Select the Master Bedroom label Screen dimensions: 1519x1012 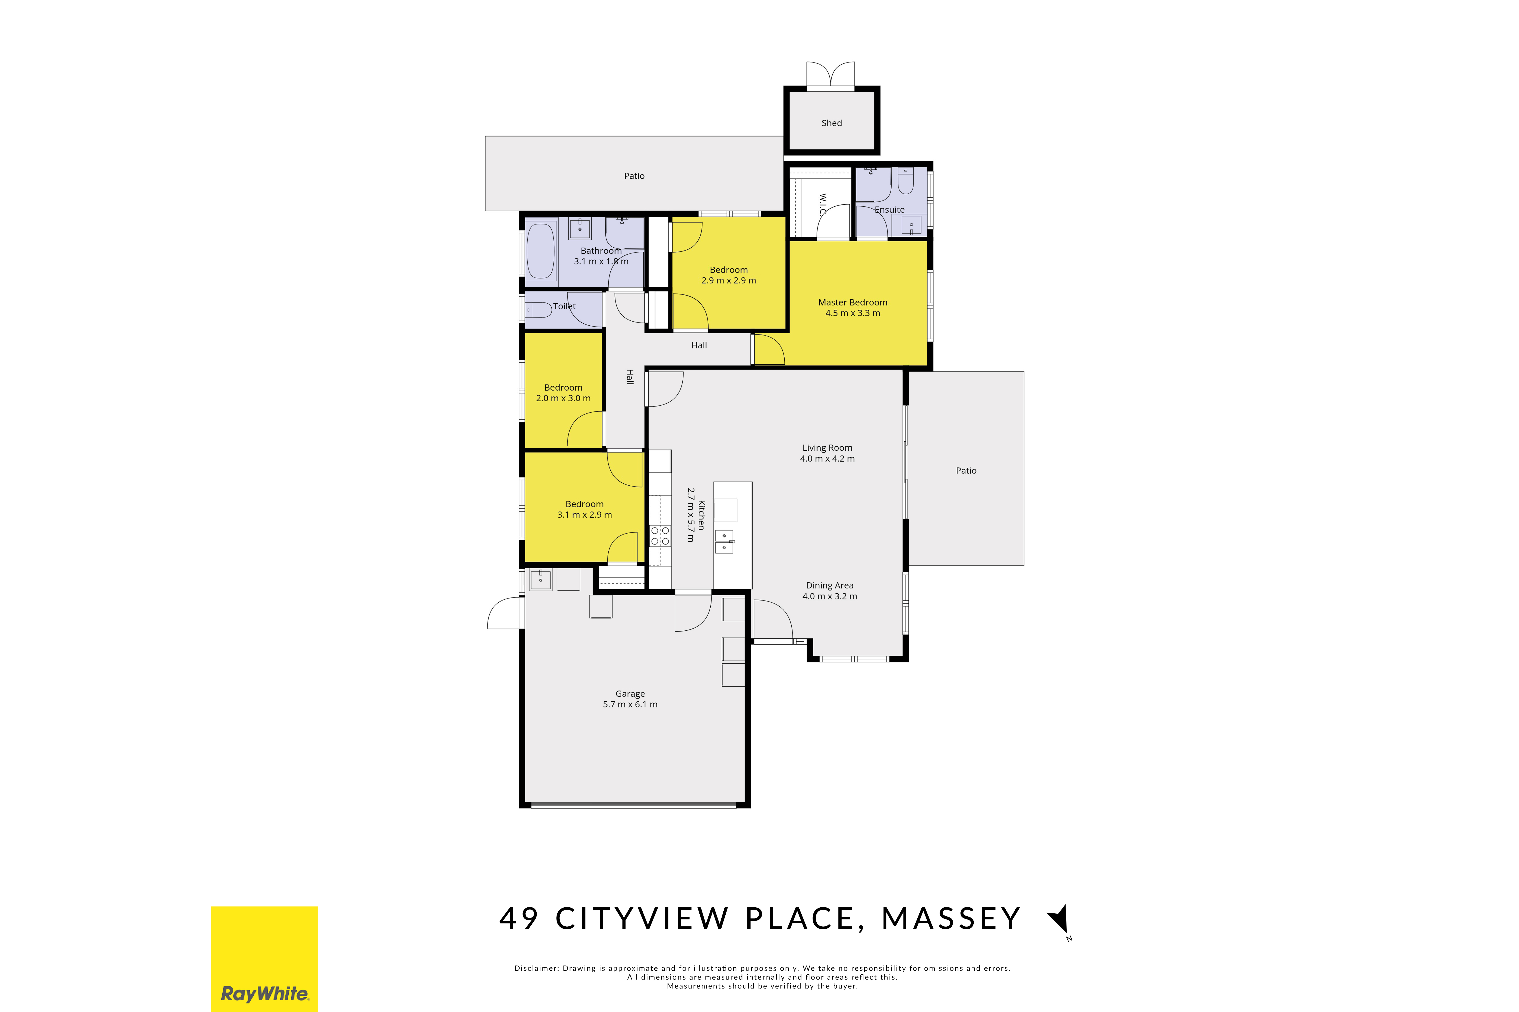tap(853, 303)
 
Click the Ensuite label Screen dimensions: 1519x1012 tap(889, 210)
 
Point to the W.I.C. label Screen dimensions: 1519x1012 tap(823, 205)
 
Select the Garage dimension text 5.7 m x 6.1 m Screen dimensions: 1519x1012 tap(630, 704)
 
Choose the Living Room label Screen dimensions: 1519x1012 tap(827, 448)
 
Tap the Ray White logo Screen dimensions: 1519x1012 tap(264, 959)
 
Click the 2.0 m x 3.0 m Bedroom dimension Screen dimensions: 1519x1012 tap(563, 398)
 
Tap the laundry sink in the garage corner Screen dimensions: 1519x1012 tap(541, 580)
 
